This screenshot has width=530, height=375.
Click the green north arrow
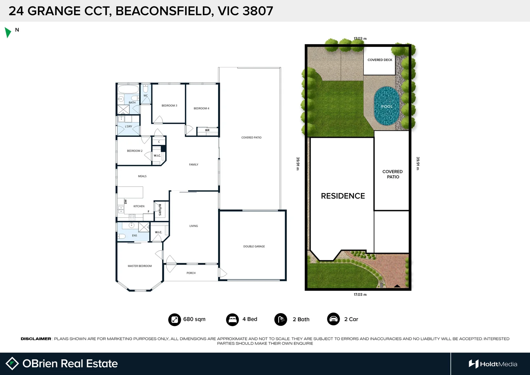click(8, 32)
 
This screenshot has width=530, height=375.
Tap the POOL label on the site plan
click(387, 107)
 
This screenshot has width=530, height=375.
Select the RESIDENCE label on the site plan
click(343, 196)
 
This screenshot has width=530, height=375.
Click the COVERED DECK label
click(380, 60)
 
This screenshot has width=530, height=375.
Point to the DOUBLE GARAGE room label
click(254, 247)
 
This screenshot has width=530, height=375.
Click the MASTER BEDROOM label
click(139, 266)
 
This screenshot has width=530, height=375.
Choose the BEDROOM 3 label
click(169, 106)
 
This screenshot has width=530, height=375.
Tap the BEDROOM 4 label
click(201, 108)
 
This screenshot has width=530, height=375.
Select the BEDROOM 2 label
click(135, 151)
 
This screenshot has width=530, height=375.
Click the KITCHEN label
click(139, 206)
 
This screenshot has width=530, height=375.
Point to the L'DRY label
click(128, 126)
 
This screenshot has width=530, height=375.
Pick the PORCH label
click(191, 273)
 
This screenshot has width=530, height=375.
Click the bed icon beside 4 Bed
click(232, 319)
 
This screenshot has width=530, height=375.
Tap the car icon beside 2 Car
click(333, 319)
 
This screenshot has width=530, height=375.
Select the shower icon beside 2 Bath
click(280, 319)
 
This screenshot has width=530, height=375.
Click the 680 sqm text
click(194, 319)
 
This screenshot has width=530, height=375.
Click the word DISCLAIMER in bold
click(36, 339)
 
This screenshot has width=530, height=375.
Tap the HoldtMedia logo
click(493, 364)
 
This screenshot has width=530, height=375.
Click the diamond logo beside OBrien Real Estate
click(12, 364)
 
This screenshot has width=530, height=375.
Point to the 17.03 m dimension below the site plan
click(360, 294)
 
